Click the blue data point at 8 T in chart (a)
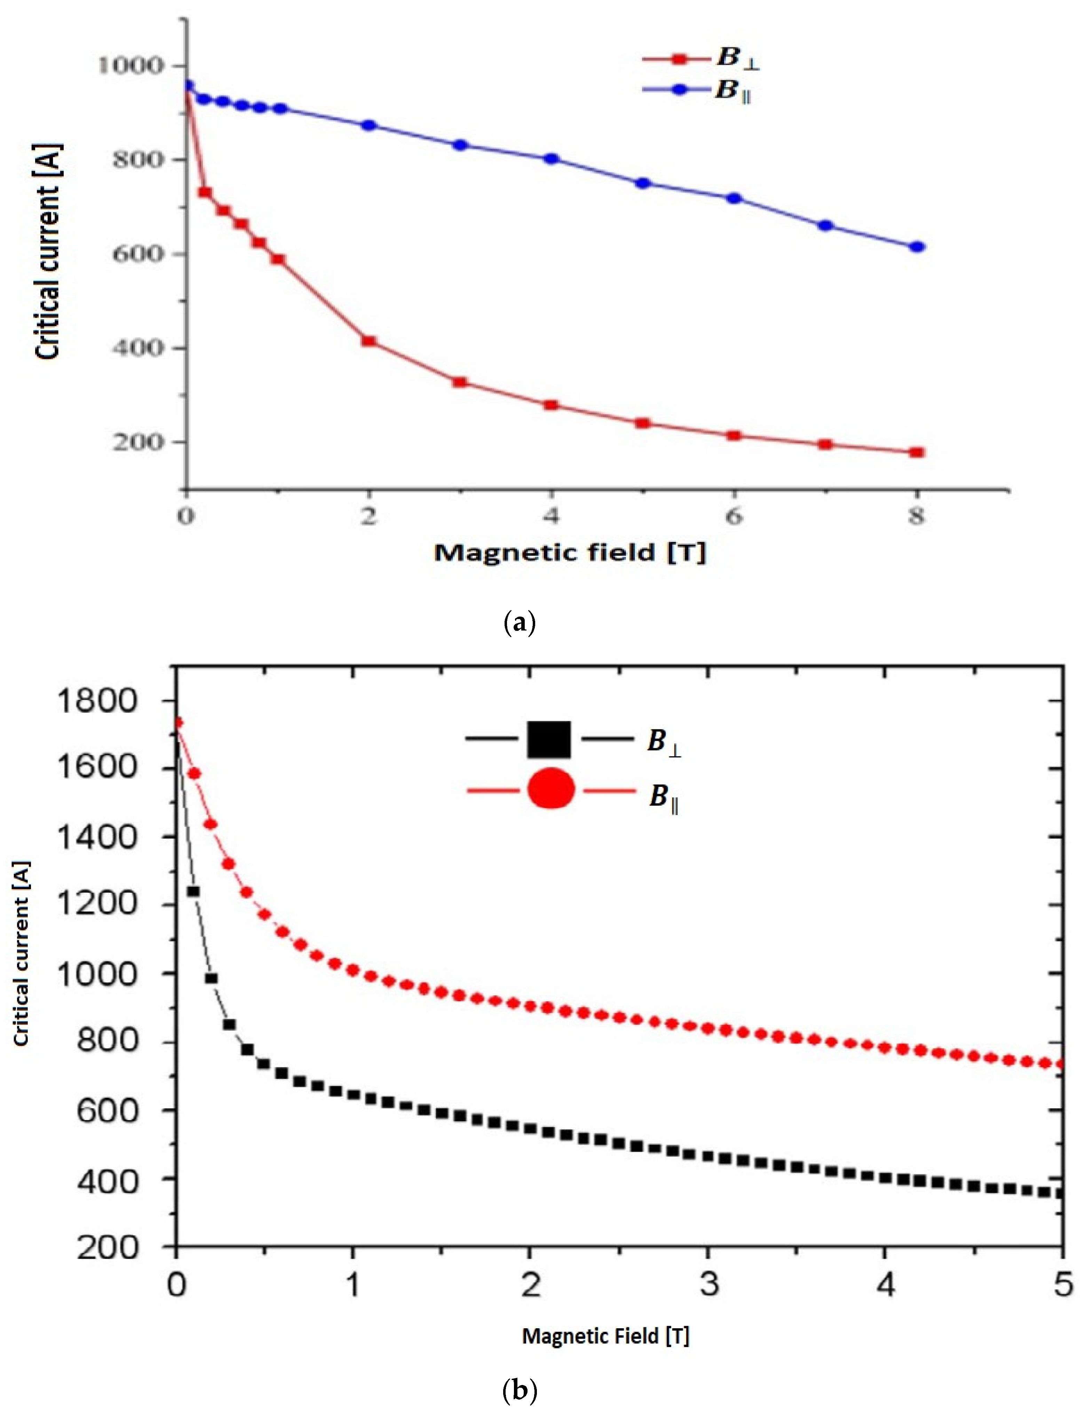[x=917, y=246]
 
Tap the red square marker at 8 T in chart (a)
[x=917, y=452]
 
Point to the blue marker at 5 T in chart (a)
[x=643, y=183]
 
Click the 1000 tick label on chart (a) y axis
[x=130, y=65]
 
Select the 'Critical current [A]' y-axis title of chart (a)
[x=48, y=252]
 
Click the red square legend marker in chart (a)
[x=678, y=59]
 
